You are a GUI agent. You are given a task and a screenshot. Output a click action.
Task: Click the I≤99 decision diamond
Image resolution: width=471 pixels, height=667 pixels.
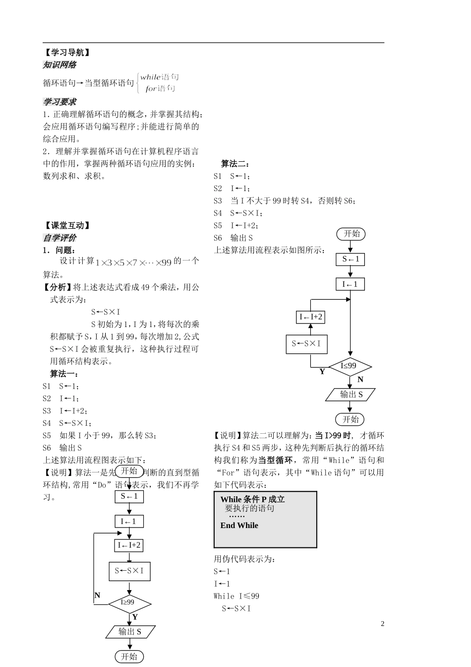click(350, 366)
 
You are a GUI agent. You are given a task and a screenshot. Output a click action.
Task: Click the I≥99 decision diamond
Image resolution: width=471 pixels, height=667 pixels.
click(129, 602)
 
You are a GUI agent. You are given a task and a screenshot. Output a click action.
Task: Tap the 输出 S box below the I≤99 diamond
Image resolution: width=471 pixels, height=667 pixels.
click(351, 395)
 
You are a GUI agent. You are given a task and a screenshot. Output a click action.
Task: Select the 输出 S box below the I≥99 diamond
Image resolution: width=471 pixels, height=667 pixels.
click(130, 632)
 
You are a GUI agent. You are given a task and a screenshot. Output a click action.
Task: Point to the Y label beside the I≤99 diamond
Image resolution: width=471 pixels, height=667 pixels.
click(322, 371)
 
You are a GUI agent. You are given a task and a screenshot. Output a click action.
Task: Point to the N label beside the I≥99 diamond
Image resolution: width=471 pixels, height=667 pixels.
click(97, 595)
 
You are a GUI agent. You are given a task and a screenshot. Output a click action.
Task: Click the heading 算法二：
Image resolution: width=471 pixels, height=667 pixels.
click(235, 164)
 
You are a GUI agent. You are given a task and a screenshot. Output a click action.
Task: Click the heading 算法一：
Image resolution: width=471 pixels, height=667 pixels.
click(64, 374)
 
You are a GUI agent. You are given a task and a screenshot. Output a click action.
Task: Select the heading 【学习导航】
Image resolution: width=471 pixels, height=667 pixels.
click(67, 52)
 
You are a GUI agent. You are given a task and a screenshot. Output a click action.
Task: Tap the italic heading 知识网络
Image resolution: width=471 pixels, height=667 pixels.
click(59, 65)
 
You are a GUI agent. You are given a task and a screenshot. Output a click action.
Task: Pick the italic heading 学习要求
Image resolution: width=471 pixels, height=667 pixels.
click(59, 102)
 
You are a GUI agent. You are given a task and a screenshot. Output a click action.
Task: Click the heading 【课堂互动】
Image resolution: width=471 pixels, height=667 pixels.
click(67, 225)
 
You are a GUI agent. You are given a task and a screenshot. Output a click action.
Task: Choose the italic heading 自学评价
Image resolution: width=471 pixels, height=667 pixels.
click(59, 238)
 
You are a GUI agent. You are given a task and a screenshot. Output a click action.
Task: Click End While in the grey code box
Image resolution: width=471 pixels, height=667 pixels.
click(239, 525)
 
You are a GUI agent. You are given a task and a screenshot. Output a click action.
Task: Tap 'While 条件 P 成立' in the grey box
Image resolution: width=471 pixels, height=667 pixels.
click(252, 499)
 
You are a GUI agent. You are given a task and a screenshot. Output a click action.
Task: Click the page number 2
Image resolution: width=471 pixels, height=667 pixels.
click(382, 624)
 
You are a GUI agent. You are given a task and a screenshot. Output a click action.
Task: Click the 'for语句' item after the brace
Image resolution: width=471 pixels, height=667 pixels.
click(160, 89)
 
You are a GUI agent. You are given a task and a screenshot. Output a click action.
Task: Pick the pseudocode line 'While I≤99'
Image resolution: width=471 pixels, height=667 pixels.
click(236, 596)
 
